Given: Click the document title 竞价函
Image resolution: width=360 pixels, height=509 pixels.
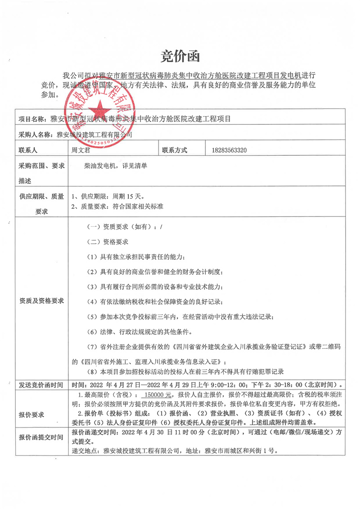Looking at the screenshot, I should tap(180, 57).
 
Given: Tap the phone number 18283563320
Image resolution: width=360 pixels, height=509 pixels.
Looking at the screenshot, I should tap(229, 150).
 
